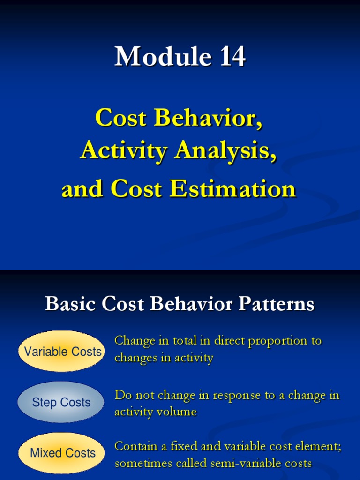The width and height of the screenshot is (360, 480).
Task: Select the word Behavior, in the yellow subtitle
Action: coord(208,118)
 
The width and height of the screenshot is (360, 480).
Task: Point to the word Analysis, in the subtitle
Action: coord(225,150)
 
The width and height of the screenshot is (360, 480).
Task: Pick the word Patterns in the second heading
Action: coord(276,304)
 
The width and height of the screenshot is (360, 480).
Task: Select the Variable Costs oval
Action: coord(61,351)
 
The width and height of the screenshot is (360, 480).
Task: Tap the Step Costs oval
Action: coord(60,402)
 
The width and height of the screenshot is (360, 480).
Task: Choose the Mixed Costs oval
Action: coord(61,453)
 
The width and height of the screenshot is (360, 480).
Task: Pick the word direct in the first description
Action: coord(230,341)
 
